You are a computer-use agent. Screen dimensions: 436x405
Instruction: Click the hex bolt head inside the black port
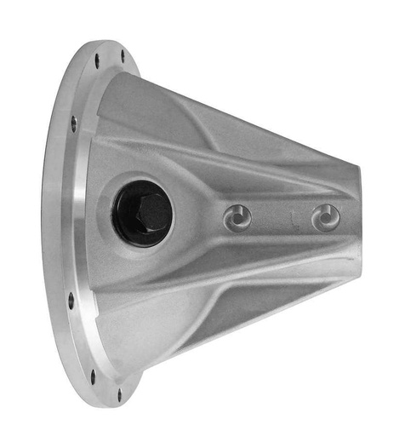149,209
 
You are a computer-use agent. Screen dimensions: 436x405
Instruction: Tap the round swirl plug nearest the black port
237,219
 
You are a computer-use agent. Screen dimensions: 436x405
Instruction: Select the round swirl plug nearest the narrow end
326,218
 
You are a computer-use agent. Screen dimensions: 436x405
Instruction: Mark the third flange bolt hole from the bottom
71,300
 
